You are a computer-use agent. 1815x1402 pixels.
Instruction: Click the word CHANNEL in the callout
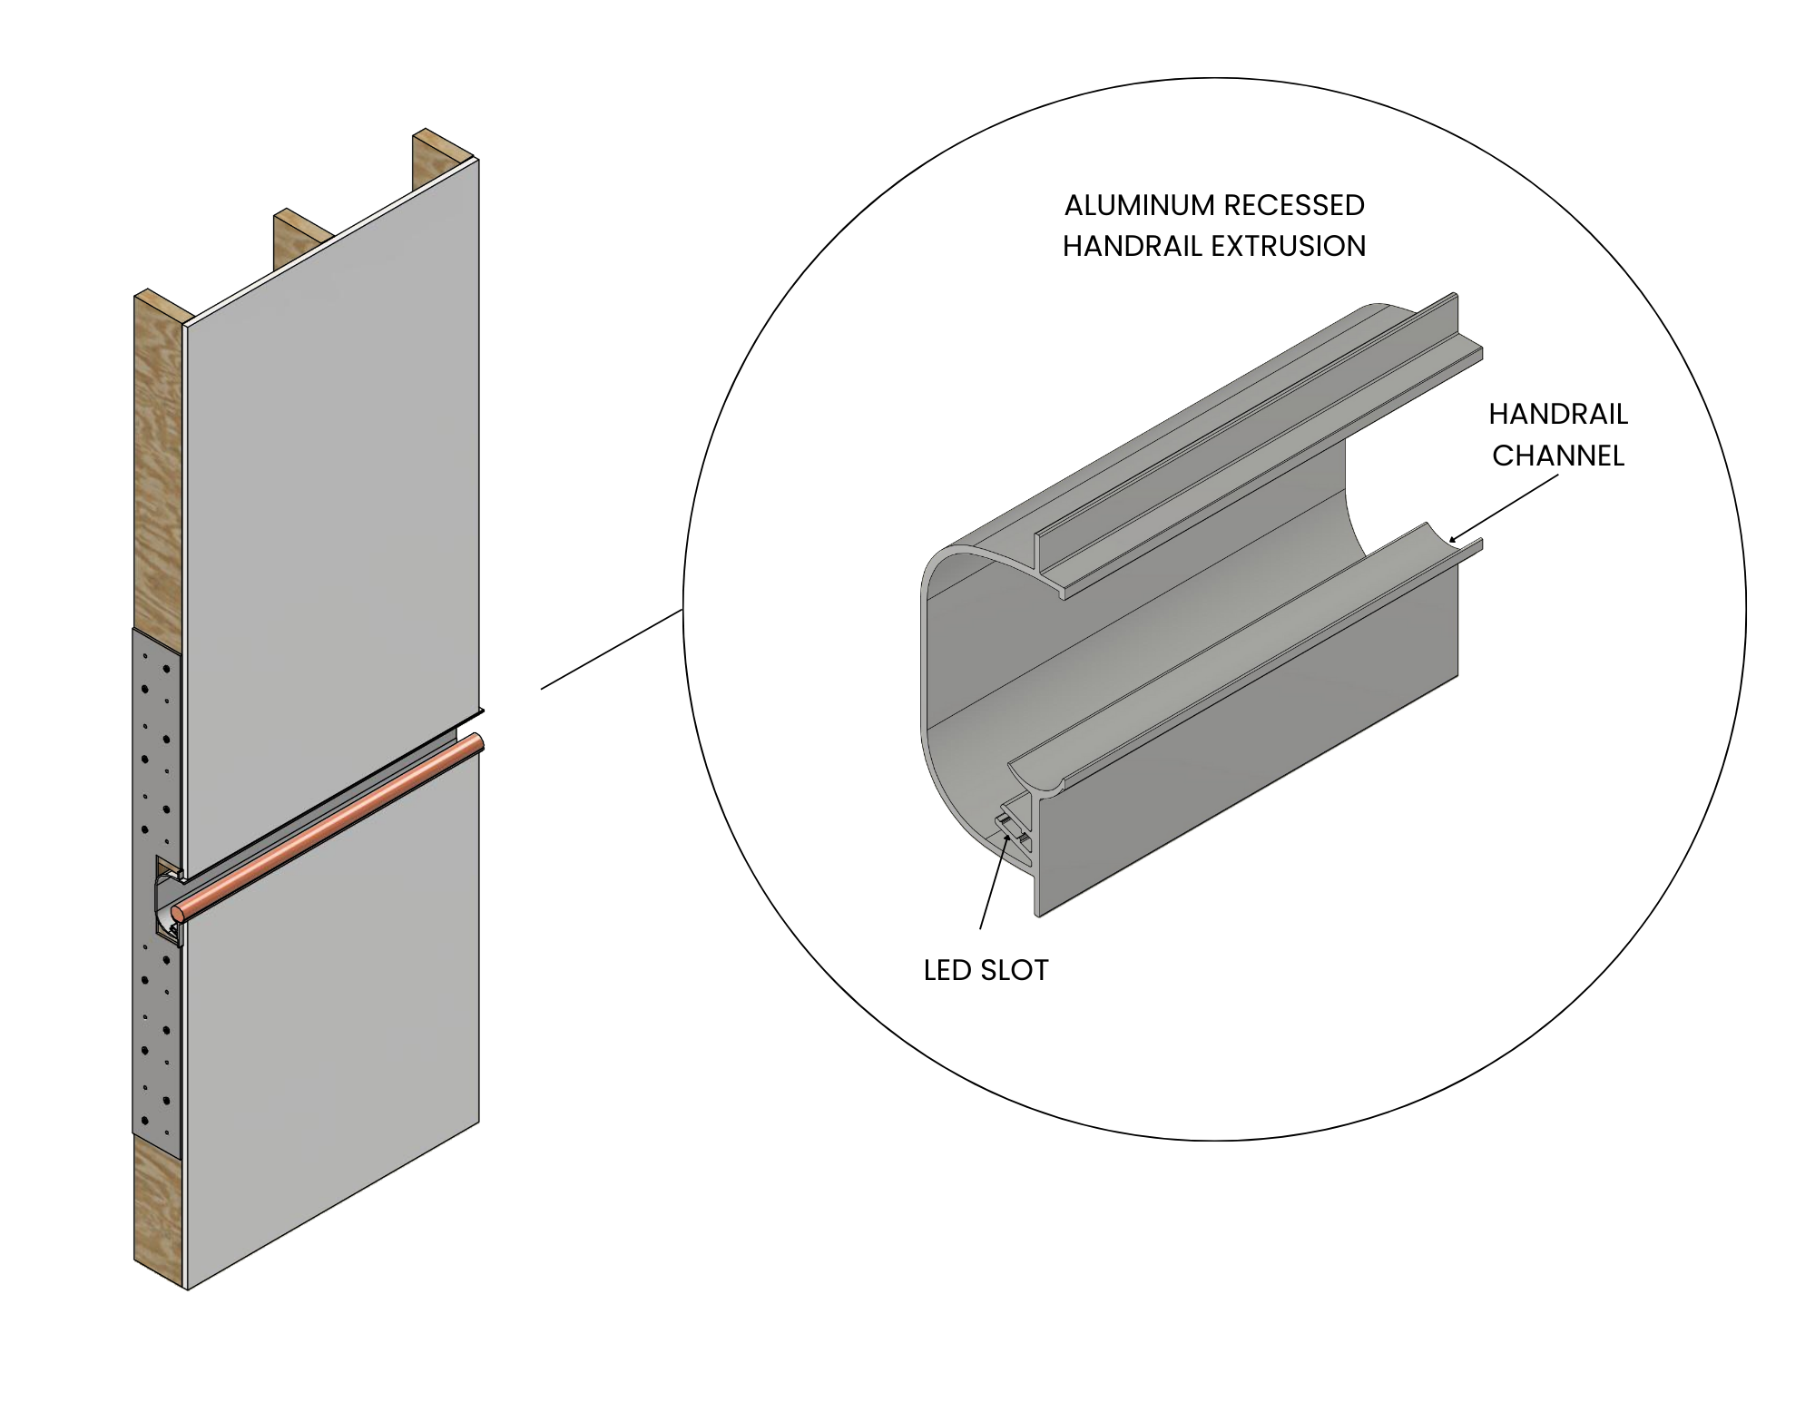tap(1557, 455)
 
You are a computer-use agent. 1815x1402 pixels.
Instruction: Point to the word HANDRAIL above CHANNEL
tap(1557, 414)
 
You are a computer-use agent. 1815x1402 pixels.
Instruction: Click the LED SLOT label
tap(986, 970)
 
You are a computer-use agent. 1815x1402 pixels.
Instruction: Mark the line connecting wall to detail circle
tap(613, 650)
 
